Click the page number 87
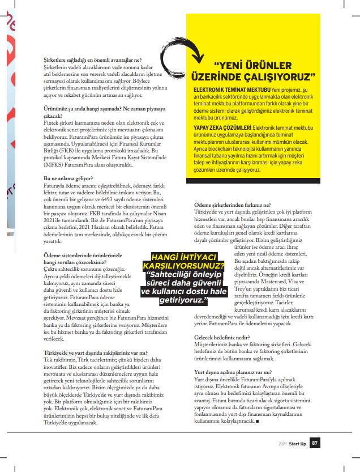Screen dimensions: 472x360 pos(316,443)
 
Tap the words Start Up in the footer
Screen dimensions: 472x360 pos(298,444)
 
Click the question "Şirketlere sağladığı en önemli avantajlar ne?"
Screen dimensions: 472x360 pos(93,59)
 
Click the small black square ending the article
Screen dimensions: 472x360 pos(258,421)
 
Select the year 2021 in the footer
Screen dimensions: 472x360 pos(282,444)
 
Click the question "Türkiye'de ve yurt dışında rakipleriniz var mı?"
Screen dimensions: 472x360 pos(96,352)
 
